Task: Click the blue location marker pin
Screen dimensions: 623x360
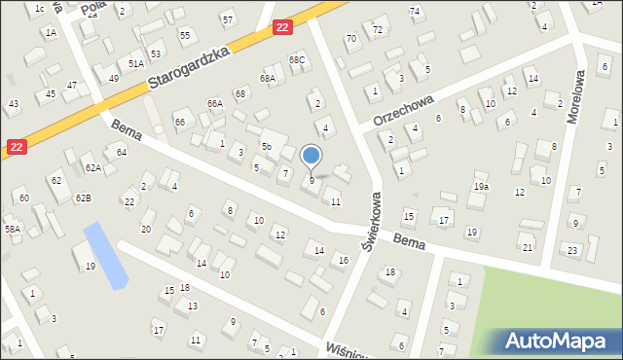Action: click(x=311, y=157)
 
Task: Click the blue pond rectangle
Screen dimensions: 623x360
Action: click(x=105, y=255)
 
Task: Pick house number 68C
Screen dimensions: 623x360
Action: click(x=297, y=60)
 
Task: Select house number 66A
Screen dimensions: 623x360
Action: click(x=214, y=103)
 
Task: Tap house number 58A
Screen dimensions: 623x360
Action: click(x=12, y=229)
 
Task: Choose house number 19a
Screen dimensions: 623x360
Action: click(x=481, y=186)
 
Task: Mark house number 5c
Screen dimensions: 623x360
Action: click(x=266, y=146)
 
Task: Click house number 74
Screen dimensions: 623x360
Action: click(x=416, y=11)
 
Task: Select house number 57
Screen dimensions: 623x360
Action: click(x=227, y=19)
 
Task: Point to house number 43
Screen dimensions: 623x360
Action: click(x=13, y=103)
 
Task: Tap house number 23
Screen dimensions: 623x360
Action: click(x=572, y=250)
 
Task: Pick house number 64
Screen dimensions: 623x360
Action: click(x=122, y=152)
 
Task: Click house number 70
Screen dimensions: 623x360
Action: click(x=351, y=39)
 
